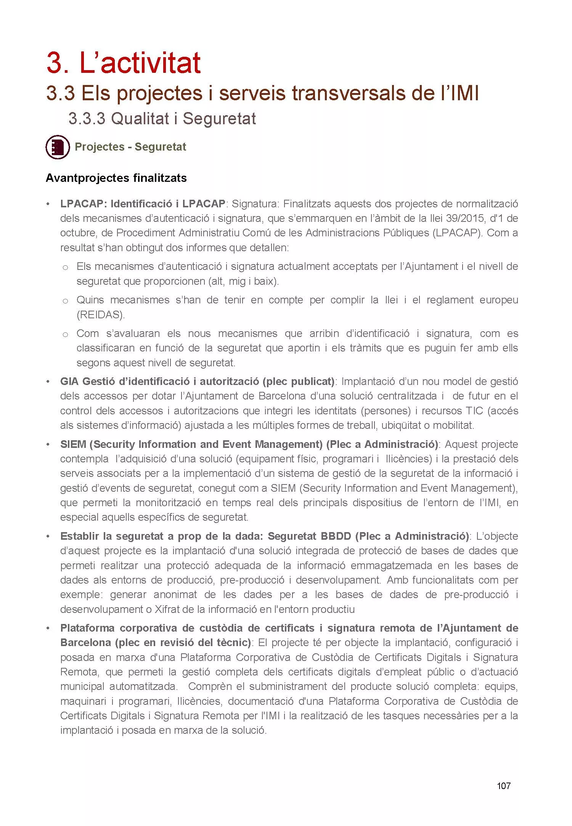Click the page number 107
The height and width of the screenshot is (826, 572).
[503, 786]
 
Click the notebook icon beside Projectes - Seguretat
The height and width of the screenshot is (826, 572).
[58, 147]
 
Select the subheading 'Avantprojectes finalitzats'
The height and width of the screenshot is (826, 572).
[116, 178]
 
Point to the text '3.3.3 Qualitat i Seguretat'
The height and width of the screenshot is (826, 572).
[162, 119]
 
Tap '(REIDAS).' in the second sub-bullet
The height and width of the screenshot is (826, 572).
[101, 314]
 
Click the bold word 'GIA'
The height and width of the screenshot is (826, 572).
[69, 381]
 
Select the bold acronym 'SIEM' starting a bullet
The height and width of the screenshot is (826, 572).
[73, 444]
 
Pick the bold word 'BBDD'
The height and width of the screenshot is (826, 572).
[336, 536]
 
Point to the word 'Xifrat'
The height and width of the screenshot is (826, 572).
[168, 609]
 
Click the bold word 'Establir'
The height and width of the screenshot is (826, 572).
[79, 536]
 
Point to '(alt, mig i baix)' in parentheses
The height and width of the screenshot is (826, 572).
[243, 281]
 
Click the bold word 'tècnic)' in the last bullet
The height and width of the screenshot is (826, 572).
[233, 642]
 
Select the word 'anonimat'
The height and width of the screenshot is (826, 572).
[175, 595]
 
